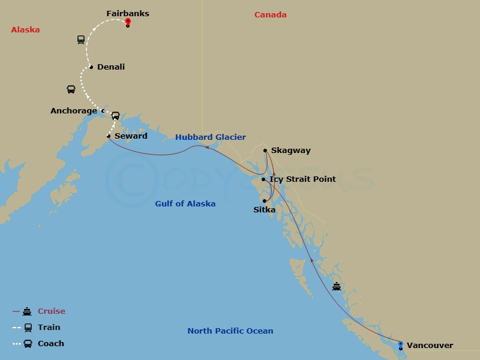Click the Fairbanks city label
click(127, 13)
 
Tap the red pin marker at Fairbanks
click(128, 22)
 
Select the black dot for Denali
click(91, 67)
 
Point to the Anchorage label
click(73, 111)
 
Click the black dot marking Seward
click(109, 136)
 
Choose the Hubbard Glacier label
click(210, 137)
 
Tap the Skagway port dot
click(265, 151)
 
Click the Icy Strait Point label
click(302, 179)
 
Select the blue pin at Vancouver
click(401, 344)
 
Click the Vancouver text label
click(430, 345)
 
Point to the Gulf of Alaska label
click(185, 204)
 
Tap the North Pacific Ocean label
click(230, 331)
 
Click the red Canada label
click(270, 14)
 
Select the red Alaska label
click(25, 29)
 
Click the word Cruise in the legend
click(51, 311)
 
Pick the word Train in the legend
click(49, 328)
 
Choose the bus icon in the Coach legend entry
click(28, 344)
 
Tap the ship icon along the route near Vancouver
click(337, 286)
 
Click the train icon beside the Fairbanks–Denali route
click(81, 40)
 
